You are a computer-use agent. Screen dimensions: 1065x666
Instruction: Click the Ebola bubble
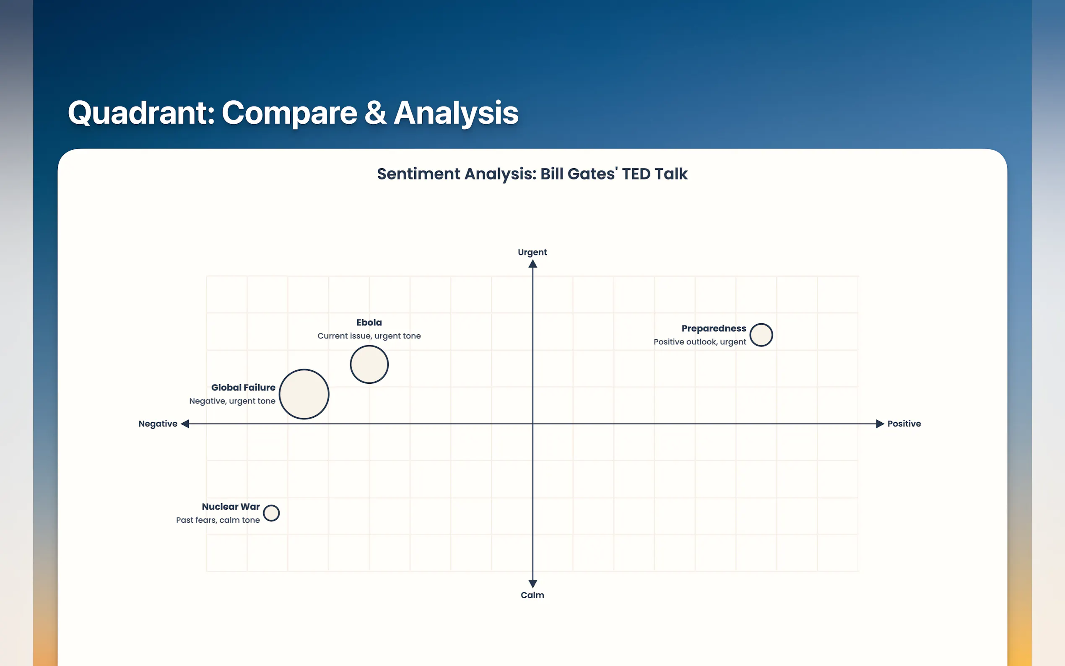(x=369, y=364)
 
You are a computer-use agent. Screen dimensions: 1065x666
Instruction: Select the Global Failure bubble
(x=304, y=394)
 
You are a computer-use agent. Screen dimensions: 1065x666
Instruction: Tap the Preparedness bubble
(x=761, y=335)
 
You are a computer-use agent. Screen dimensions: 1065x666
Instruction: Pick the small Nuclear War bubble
(x=271, y=513)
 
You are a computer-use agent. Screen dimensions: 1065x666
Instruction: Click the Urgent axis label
(x=532, y=252)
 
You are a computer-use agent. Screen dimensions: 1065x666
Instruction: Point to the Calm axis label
(x=532, y=595)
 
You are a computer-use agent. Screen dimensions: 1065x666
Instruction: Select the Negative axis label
(x=158, y=424)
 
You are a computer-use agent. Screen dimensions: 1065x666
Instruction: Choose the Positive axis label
(x=904, y=424)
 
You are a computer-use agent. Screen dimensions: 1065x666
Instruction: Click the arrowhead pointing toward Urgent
(x=533, y=264)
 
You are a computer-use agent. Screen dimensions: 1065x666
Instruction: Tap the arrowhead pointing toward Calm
(x=533, y=584)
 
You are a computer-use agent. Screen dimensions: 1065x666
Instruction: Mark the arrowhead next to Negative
(x=185, y=424)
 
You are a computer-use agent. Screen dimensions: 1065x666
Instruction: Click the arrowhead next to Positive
(x=880, y=424)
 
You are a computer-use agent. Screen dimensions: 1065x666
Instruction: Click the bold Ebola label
(x=369, y=323)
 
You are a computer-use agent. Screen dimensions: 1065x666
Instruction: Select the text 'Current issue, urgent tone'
(x=369, y=336)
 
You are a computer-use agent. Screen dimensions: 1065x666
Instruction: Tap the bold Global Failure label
(x=243, y=388)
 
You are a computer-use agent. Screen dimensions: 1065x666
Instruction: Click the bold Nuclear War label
(x=231, y=507)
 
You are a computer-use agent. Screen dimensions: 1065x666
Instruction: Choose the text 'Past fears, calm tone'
(x=218, y=520)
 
